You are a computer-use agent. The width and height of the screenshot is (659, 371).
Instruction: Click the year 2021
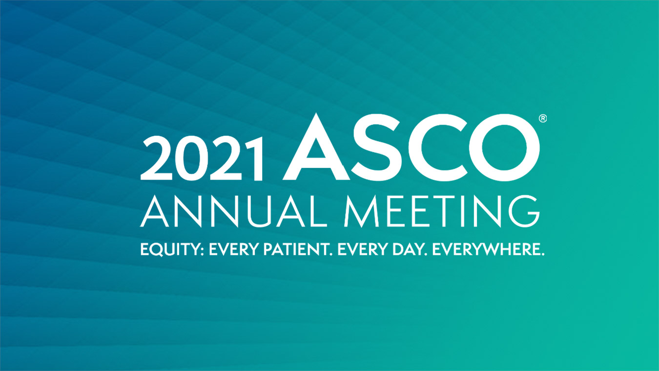201,158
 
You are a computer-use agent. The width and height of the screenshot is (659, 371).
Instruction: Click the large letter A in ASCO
316,146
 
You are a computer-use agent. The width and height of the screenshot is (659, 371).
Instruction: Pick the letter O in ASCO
504,147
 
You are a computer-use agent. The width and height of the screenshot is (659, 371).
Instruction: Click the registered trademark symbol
543,119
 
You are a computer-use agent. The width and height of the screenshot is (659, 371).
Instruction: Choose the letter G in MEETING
524,211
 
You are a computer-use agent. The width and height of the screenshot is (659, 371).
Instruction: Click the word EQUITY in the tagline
170,250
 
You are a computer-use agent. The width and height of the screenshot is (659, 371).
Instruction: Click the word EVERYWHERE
486,249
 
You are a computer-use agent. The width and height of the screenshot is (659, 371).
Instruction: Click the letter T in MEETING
451,211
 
